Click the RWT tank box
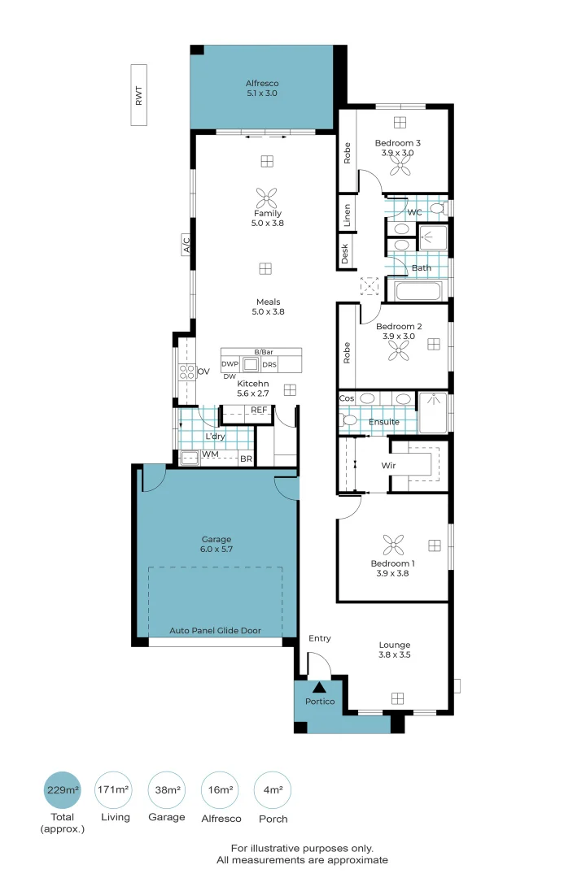tap(140, 96)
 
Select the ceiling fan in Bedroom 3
tap(400, 166)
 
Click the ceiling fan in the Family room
tap(266, 198)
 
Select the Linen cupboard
tap(346, 215)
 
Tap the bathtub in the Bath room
tap(418, 290)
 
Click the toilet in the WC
tap(437, 210)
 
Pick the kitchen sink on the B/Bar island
tap(251, 364)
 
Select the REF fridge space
tap(259, 411)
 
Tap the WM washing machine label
tap(209, 454)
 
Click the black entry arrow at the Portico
tap(318, 688)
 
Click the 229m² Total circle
tap(62, 789)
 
